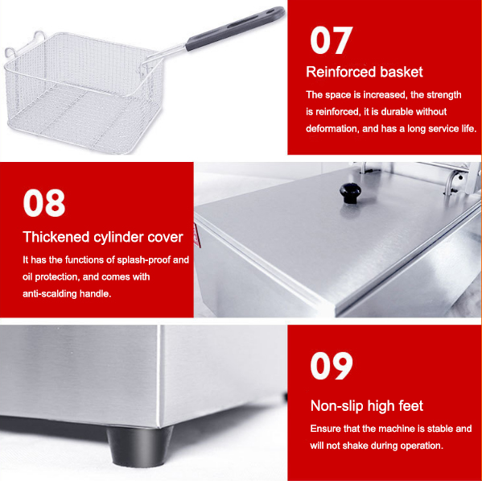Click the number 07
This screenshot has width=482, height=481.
point(331,40)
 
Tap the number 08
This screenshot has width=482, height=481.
point(44,203)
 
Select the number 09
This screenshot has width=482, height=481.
point(332,366)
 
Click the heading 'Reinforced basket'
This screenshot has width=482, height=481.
point(365,72)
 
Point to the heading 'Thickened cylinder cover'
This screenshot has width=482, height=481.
point(103,237)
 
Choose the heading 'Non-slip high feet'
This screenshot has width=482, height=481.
point(367,406)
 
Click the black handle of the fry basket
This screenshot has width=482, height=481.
point(235,28)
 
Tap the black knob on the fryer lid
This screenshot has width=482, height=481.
point(350,193)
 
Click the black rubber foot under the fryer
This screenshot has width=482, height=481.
point(139,446)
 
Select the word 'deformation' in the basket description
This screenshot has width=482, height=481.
point(332,129)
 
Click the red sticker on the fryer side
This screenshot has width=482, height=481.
point(197,235)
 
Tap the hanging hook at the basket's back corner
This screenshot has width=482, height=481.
point(39,35)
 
